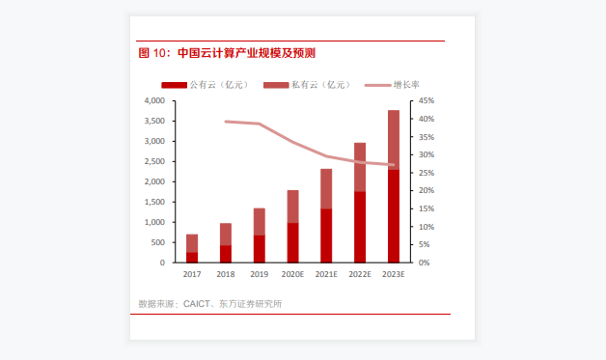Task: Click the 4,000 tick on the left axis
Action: tap(153, 100)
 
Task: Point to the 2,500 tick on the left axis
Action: tap(153, 161)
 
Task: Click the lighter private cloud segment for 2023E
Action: tap(394, 140)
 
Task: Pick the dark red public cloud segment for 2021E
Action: tap(326, 235)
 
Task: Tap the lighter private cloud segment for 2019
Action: tap(259, 222)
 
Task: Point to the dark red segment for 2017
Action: tap(192, 257)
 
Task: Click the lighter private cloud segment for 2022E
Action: tap(360, 167)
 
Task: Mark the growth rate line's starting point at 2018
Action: tap(225, 122)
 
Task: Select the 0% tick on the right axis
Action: tap(425, 263)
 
